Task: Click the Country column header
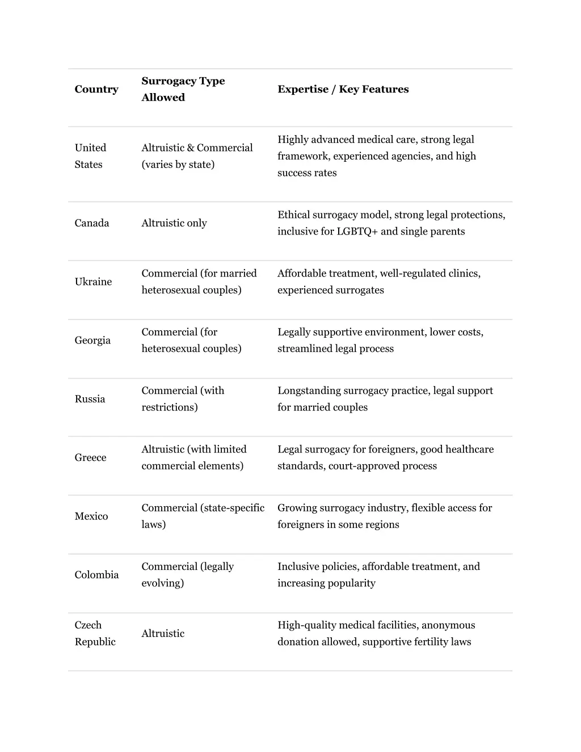(96, 89)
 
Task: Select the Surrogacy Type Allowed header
(183, 89)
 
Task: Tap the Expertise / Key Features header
(343, 89)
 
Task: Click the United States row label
(90, 156)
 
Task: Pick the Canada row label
(91, 223)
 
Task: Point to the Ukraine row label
(93, 282)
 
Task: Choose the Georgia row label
(92, 340)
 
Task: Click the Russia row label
(90, 399)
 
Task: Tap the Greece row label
(90, 457)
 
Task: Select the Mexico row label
(91, 516)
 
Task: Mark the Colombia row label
(96, 575)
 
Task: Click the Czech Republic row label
(95, 633)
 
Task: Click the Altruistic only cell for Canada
(174, 223)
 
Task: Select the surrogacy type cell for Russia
(183, 399)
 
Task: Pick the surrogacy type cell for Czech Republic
(163, 633)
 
